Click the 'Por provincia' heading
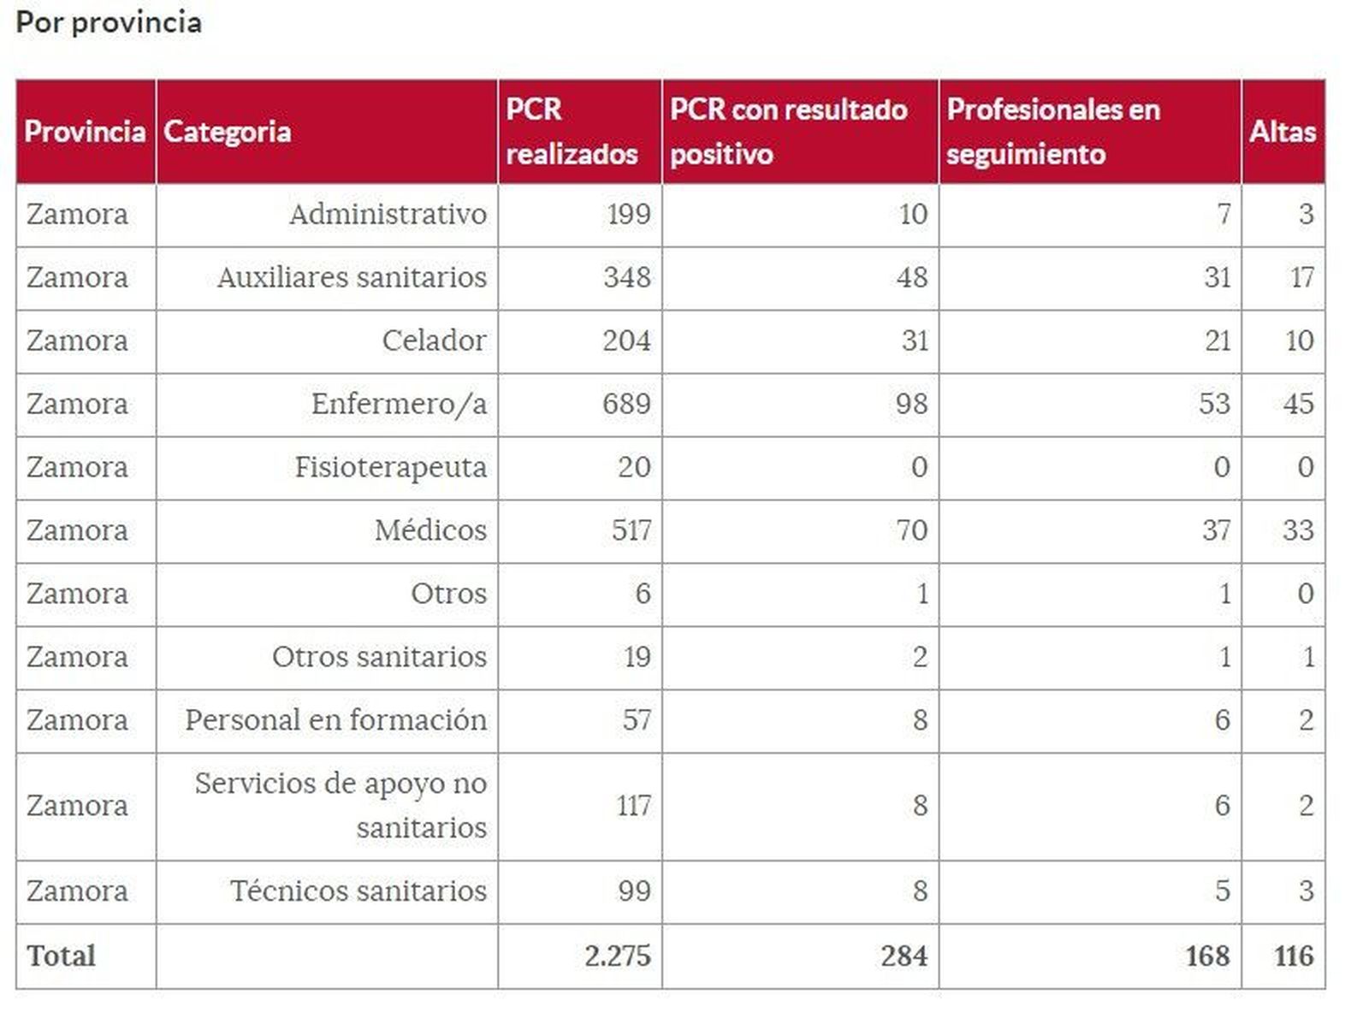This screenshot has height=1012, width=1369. [109, 22]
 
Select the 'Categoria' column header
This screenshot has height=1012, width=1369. [227, 132]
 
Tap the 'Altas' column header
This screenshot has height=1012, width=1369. [1282, 132]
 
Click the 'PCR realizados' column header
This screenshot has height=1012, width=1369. [572, 132]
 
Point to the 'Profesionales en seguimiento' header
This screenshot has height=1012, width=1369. [1053, 132]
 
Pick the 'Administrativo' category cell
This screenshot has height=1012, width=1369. [388, 214]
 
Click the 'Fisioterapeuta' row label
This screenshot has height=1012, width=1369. [390, 467]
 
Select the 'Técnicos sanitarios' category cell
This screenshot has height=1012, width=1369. [358, 891]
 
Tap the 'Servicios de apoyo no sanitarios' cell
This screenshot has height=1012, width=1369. [341, 805]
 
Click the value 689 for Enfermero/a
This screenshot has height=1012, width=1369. [626, 404]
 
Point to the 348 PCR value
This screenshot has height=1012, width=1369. [626, 277]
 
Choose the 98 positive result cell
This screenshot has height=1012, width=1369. [911, 404]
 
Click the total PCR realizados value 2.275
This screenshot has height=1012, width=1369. [617, 956]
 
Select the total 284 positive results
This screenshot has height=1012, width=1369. [904, 956]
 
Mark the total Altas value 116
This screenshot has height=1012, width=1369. [1293, 956]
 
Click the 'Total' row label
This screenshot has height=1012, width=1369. [61, 956]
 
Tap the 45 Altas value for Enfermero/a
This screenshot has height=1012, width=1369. [1297, 404]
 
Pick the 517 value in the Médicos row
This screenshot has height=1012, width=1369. [631, 530]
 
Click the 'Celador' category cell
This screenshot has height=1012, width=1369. [434, 340]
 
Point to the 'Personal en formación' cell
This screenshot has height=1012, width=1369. [335, 720]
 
